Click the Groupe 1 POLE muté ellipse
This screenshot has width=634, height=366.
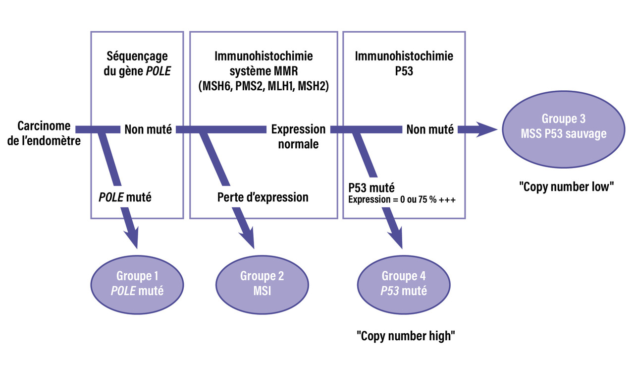point(137,283)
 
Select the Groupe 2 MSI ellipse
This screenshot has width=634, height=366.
point(263,283)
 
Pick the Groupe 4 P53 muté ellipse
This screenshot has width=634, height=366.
point(403,283)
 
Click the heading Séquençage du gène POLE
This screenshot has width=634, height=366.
point(137,63)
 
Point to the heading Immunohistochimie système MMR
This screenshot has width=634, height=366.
point(264,63)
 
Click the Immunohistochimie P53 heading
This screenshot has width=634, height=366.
point(404,63)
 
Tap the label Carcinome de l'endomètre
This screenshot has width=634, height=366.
point(44,133)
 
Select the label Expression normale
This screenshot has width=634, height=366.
point(298,137)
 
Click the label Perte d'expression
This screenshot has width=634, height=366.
point(263,197)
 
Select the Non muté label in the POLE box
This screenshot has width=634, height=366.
point(148,130)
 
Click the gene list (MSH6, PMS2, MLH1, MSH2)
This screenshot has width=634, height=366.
point(264,85)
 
